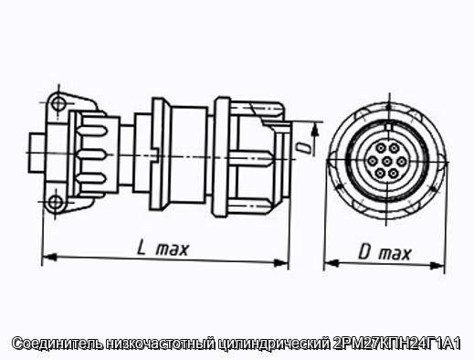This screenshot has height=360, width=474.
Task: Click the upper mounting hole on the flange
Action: click(58, 103)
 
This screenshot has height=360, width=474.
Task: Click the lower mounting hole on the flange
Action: click(55, 202)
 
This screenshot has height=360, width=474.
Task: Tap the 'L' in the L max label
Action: click(142, 248)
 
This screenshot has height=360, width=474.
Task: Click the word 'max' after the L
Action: click(173, 249)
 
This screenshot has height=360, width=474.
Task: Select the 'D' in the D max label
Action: click(365, 252)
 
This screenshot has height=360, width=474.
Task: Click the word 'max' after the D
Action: click(395, 254)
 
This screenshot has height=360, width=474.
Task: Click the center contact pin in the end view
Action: click(386, 161)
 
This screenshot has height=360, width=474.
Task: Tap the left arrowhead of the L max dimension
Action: click(49, 258)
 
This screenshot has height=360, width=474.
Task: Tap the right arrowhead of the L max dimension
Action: click(281, 262)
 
